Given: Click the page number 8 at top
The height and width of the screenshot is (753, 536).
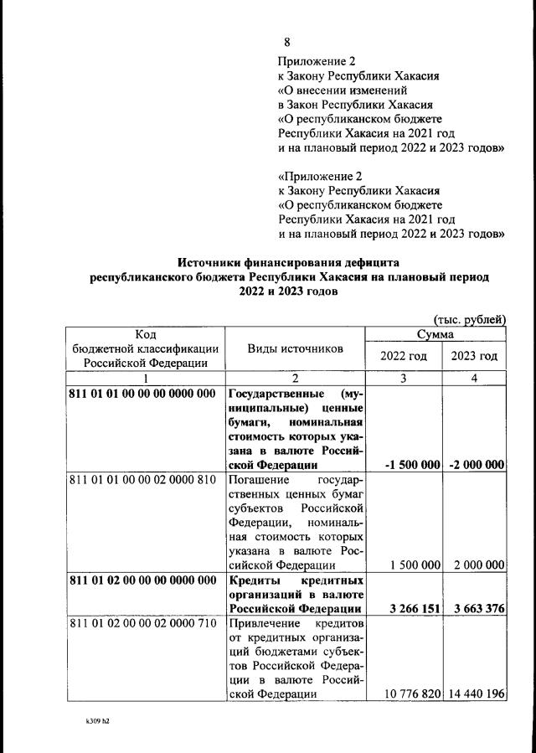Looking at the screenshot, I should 287,43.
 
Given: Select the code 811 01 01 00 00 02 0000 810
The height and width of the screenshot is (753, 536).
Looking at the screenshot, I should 139,480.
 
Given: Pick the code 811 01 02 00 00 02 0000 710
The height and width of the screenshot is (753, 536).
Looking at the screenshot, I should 139,623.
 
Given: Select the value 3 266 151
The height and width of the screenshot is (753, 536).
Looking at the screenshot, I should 415,608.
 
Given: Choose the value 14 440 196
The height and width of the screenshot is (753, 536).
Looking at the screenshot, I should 476,694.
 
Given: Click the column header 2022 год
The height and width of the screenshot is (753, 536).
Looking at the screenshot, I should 404,356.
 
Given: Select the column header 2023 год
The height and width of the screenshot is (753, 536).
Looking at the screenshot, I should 474,356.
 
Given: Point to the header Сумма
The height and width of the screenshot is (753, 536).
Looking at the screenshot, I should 435,334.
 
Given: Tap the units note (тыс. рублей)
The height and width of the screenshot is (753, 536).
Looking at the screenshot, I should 469,319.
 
